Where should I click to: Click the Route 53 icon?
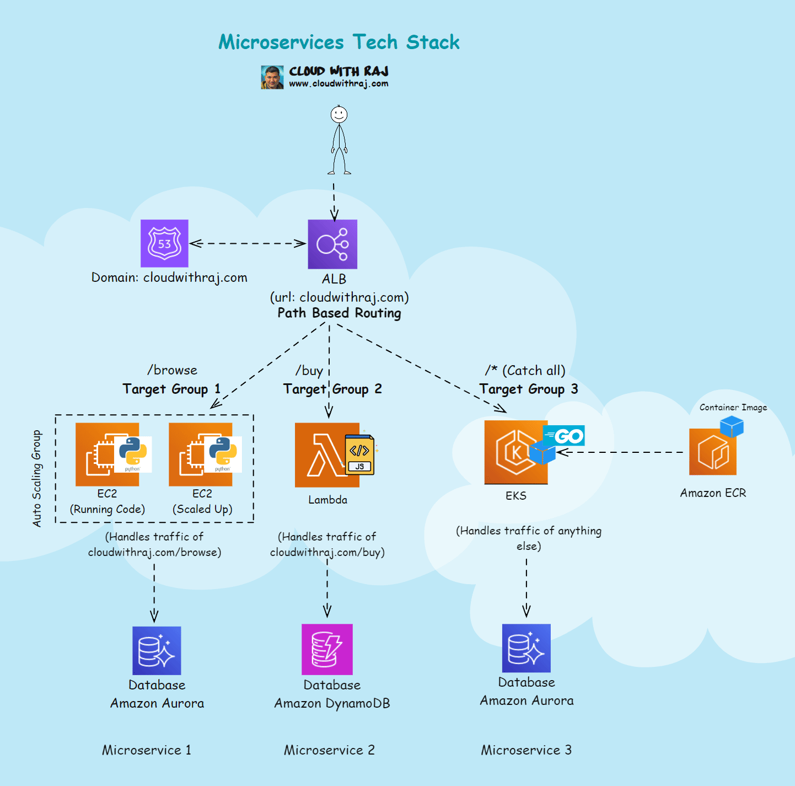[x=164, y=243]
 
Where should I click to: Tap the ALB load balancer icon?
[x=332, y=244]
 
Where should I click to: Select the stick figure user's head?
[x=339, y=115]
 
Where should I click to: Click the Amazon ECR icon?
[x=713, y=452]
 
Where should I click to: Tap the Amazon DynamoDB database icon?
[x=327, y=649]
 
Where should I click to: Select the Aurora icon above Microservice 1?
[x=157, y=650]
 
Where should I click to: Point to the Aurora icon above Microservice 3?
[x=527, y=648]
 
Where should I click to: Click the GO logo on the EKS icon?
[x=564, y=436]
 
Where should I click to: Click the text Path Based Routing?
[x=339, y=313]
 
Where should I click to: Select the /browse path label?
[x=172, y=370]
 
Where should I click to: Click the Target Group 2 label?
[x=332, y=389]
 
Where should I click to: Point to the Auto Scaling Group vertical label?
[x=37, y=478]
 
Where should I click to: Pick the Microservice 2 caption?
[x=329, y=750]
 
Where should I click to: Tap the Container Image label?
[x=733, y=408]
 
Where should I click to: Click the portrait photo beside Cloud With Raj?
[x=272, y=77]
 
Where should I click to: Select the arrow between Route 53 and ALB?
[x=248, y=243]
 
